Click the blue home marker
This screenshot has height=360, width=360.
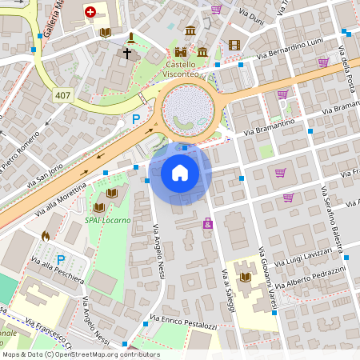pyautogui.click(x=180, y=172)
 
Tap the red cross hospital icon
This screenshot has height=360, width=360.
pyautogui.click(x=90, y=12)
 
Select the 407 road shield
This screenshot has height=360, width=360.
pyautogui.click(x=62, y=95)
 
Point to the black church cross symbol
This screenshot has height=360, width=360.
pyautogui.click(x=126, y=54)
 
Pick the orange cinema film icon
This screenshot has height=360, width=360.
pyautogui.click(x=234, y=46)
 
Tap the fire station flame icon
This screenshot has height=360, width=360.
pyautogui.click(x=46, y=236)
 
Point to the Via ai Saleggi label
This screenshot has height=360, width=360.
pyautogui.click(x=227, y=296)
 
